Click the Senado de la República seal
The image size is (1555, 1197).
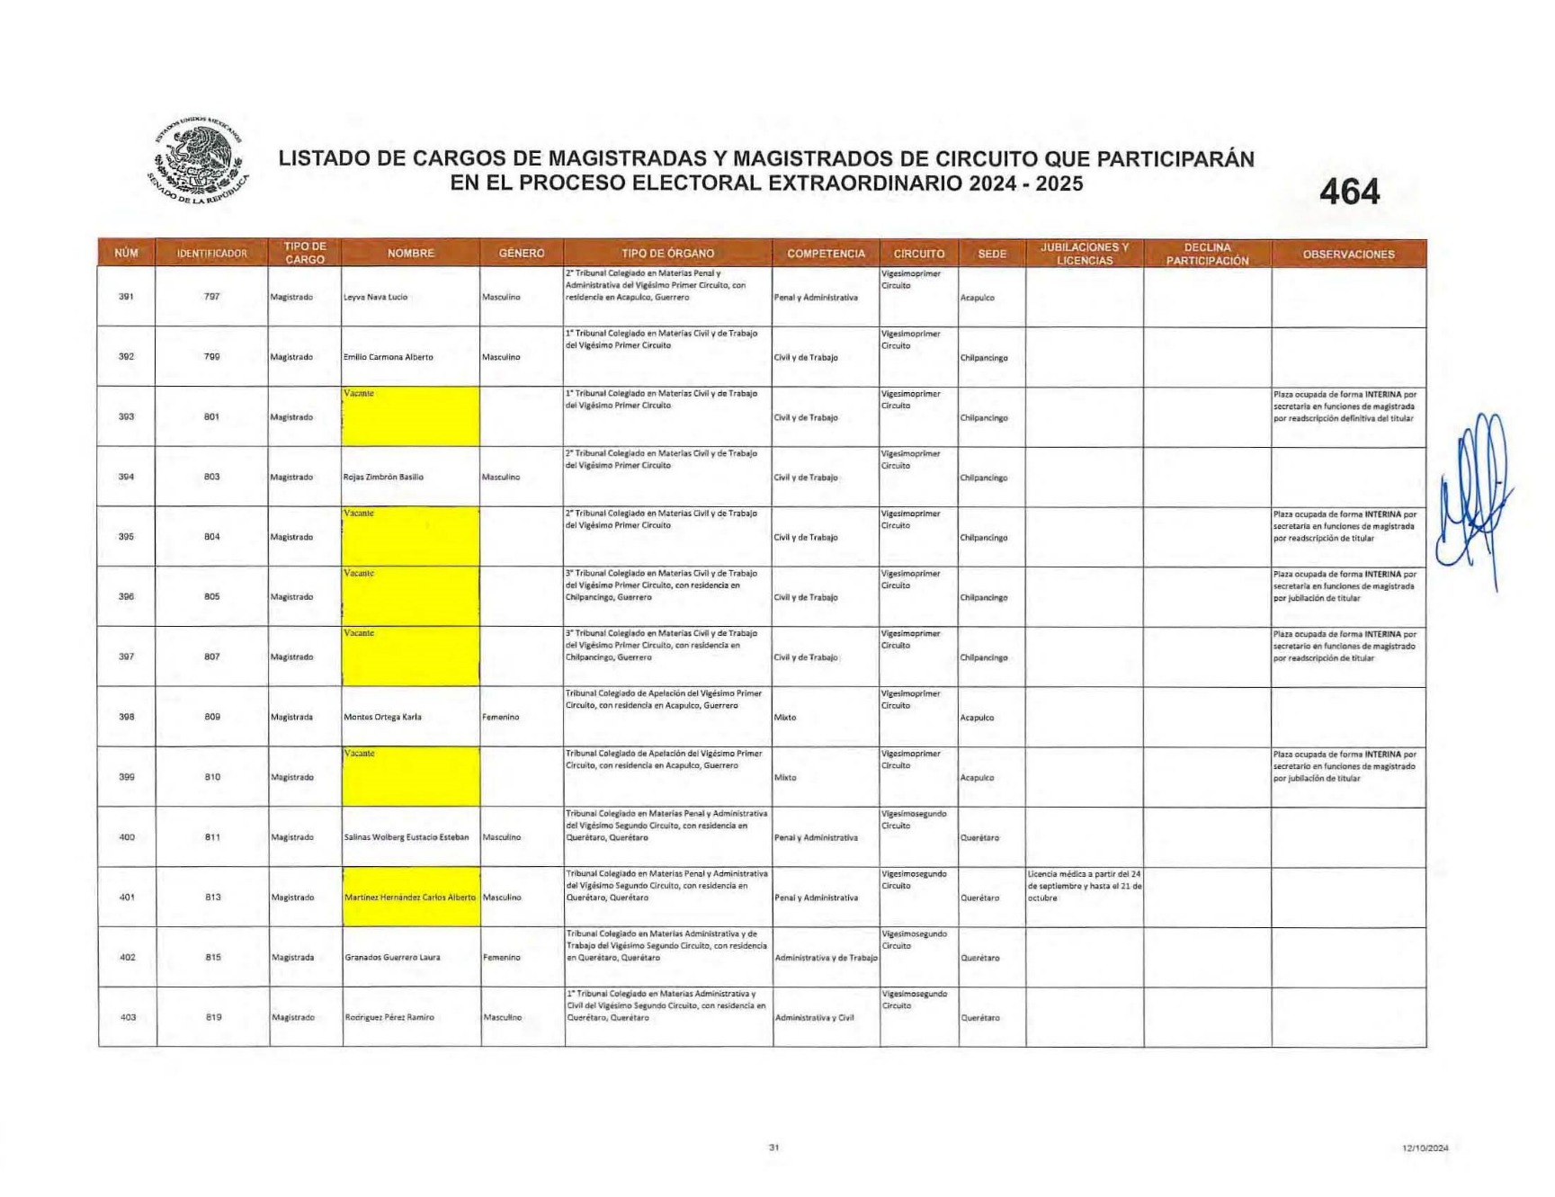coord(199,160)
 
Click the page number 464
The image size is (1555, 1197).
coord(1349,192)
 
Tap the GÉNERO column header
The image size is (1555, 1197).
coord(522,254)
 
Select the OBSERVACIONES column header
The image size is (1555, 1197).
coord(1348,255)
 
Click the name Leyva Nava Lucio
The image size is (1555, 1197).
coord(375,298)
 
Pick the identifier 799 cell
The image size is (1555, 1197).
coord(211,357)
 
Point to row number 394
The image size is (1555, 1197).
coord(126,477)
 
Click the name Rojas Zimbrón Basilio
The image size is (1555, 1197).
coord(383,478)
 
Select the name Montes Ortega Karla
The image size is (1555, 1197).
coord(382,718)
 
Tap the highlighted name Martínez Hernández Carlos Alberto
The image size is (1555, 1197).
coord(410,898)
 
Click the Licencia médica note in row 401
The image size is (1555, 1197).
coord(1084,886)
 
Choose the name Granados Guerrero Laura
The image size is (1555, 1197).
coord(392,958)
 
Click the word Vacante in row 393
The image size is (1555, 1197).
coord(359,394)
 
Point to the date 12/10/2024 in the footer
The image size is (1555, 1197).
coord(1425,1148)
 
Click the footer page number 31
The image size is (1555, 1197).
coord(773,1148)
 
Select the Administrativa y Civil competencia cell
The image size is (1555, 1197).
coord(814,1018)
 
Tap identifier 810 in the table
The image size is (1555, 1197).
coord(212,777)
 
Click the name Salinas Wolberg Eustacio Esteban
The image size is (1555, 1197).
coord(407,837)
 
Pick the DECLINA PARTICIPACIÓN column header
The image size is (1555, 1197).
coord(1207,255)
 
